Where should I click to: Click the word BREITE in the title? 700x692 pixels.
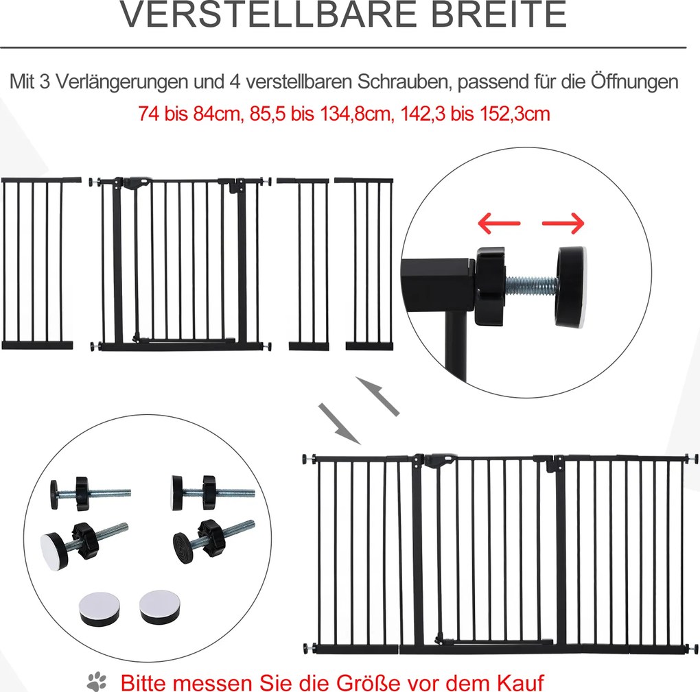(x=500, y=14)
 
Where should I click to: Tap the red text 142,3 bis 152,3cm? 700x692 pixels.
(x=475, y=114)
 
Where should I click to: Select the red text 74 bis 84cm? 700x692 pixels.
(x=189, y=114)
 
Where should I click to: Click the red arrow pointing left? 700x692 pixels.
(x=499, y=223)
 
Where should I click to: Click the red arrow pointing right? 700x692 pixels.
(x=563, y=223)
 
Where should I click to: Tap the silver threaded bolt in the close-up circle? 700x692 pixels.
(x=531, y=285)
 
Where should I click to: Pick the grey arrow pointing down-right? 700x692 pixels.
(x=339, y=423)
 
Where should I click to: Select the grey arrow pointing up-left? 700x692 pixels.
(x=377, y=396)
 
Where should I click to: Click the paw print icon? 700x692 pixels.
(x=97, y=682)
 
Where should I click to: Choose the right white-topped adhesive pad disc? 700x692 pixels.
(x=159, y=607)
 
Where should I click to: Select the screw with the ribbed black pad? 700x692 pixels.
(x=213, y=540)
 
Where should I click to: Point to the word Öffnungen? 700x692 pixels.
(x=634, y=82)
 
